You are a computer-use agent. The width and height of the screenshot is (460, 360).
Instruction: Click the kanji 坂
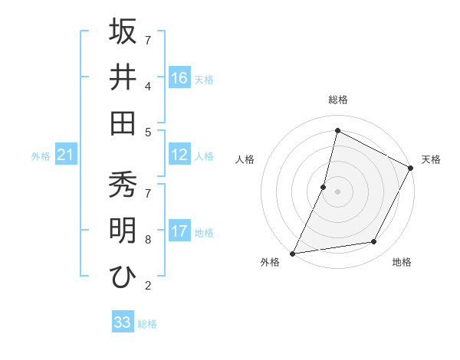click(x=123, y=31)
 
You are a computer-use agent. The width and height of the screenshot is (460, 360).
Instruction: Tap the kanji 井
click(x=123, y=77)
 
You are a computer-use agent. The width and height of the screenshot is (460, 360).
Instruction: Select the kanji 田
click(x=123, y=123)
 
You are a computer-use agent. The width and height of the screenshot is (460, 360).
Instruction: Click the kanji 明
click(x=123, y=231)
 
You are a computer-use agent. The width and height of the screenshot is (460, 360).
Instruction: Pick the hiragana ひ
click(x=123, y=277)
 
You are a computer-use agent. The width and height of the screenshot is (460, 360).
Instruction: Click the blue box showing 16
click(x=179, y=78)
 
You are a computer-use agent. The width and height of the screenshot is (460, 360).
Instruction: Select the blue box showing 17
click(x=179, y=232)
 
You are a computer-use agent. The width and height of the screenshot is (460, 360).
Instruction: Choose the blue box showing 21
click(x=66, y=155)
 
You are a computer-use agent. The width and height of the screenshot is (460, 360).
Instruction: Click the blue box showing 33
click(x=123, y=322)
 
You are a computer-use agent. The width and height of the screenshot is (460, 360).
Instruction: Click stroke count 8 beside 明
click(x=147, y=240)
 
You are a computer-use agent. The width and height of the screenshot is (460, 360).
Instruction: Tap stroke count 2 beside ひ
click(x=147, y=286)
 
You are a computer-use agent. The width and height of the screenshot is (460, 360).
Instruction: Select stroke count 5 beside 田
click(x=147, y=131)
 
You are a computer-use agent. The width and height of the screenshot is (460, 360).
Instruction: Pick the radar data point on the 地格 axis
click(x=374, y=242)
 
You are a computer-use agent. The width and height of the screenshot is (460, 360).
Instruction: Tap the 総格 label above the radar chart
click(x=337, y=100)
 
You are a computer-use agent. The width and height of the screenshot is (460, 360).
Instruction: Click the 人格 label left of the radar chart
click(x=245, y=159)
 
